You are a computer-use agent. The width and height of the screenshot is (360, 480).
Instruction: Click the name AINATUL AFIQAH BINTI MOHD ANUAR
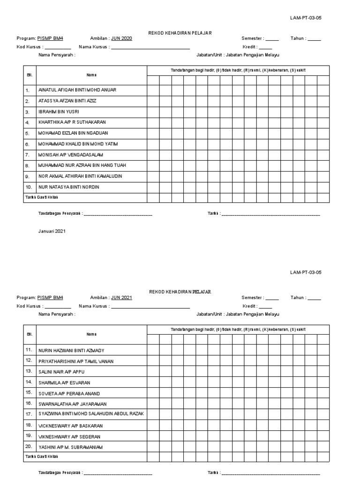(77, 90)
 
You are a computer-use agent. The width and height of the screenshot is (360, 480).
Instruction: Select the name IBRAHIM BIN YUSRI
(59, 112)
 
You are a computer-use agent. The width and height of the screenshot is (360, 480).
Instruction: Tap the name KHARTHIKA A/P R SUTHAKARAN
(72, 122)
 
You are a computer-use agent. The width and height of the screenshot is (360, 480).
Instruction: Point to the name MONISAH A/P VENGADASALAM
(71, 155)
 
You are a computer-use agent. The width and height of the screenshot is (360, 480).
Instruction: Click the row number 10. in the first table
(28, 187)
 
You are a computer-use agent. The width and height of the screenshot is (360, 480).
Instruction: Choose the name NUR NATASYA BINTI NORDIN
(68, 187)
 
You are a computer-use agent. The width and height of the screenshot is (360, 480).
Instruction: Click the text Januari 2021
(52, 232)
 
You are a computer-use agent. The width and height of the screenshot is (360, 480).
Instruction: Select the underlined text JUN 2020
(121, 38)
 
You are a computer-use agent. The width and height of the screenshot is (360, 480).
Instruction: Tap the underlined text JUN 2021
(121, 298)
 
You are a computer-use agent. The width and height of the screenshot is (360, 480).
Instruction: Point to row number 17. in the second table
(29, 414)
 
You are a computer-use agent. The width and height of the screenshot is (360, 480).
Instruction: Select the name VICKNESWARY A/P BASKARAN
(70, 426)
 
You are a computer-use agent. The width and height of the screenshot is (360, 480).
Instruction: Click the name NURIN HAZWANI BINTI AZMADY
(71, 351)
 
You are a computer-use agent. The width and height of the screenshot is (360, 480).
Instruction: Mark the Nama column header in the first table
(91, 75)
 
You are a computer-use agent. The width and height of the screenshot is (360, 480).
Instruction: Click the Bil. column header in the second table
(30, 334)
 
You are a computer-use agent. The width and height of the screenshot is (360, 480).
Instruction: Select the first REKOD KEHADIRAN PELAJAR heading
(180, 32)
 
